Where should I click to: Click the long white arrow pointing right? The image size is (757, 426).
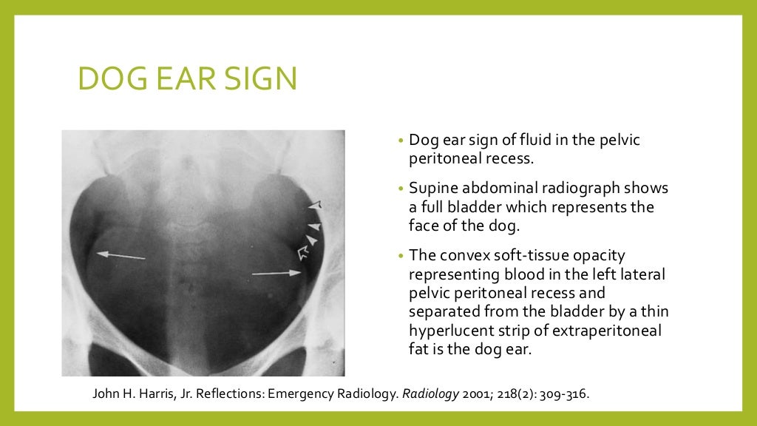(x=276, y=274)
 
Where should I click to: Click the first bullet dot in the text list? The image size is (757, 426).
(x=400, y=141)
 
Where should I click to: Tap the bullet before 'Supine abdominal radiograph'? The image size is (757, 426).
(x=400, y=189)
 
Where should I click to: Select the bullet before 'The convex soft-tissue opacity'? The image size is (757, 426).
(x=400, y=256)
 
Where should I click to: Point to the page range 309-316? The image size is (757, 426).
(x=563, y=393)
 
